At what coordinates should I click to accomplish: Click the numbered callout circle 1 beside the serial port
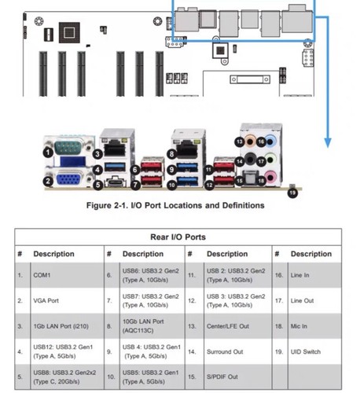(x=49, y=151)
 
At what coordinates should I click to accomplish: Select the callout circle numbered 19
(x=293, y=191)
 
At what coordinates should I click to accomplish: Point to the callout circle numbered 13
(x=239, y=141)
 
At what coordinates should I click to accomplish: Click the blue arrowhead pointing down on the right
(x=327, y=144)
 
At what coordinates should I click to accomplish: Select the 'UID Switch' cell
(x=310, y=352)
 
